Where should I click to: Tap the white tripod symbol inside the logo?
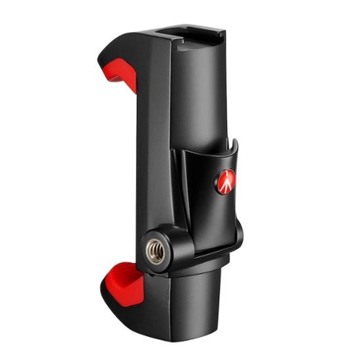pyautogui.click(x=226, y=181)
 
